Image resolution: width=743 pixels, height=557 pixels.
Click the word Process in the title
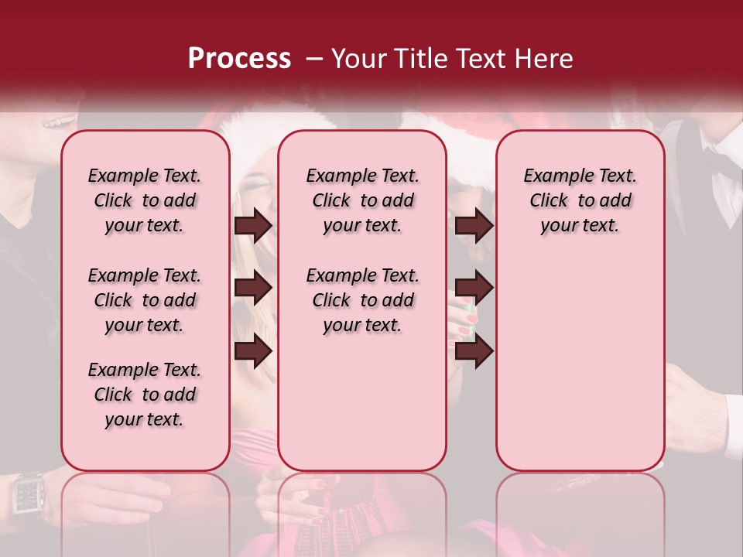239,59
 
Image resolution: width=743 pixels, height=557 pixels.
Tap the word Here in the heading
544,59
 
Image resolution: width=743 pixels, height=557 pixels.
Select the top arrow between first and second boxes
253,225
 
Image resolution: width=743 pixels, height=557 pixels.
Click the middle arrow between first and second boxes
253,288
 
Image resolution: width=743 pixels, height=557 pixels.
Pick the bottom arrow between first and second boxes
253,350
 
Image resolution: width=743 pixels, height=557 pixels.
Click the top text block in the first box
145,200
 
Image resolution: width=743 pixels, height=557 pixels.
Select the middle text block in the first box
145,300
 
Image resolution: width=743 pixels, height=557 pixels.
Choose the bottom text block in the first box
145,395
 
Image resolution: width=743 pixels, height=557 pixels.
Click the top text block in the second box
362,200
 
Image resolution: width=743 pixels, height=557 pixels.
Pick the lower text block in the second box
362,300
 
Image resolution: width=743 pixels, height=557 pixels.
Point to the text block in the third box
580,200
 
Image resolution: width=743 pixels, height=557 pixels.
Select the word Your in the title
358,59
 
